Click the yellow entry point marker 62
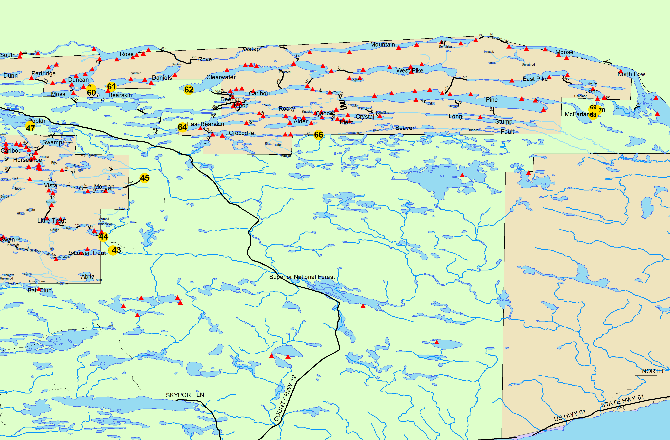pyautogui.click(x=189, y=90)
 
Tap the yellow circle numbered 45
pyautogui.click(x=145, y=178)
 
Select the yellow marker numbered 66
pyautogui.click(x=318, y=135)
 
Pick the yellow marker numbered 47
pyautogui.click(x=30, y=128)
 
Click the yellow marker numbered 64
pyautogui.click(x=182, y=127)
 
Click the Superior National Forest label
pyautogui.click(x=302, y=277)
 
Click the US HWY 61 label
pyautogui.click(x=570, y=415)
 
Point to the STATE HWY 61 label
pyautogui.click(x=622, y=401)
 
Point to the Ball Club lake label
pyautogui.click(x=40, y=291)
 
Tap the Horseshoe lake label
pyautogui.click(x=28, y=160)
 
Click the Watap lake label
pyautogui.click(x=251, y=49)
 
